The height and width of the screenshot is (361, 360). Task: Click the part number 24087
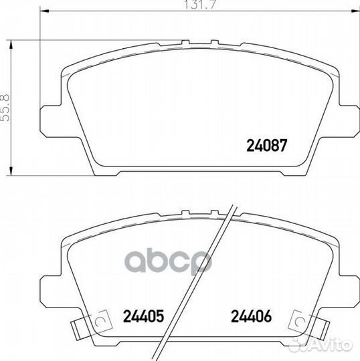click(x=267, y=145)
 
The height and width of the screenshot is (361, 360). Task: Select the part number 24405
click(x=144, y=316)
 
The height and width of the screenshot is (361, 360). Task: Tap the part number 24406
click(x=251, y=316)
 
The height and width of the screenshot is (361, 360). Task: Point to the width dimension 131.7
click(x=200, y=5)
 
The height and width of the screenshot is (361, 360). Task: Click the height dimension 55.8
click(x=5, y=108)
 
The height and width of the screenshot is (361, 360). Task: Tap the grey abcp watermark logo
click(x=168, y=262)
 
